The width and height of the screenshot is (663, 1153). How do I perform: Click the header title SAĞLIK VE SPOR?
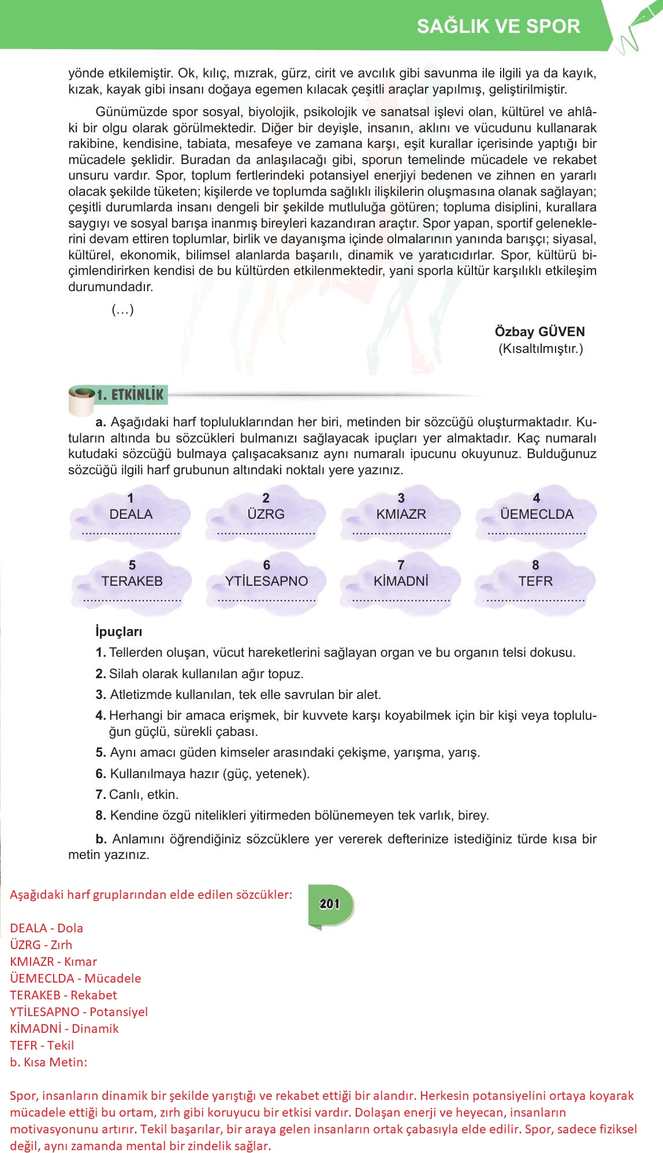click(x=498, y=27)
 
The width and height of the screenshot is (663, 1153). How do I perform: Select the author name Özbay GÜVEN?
click(x=539, y=332)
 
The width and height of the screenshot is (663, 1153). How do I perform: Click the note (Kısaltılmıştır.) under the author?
click(x=541, y=348)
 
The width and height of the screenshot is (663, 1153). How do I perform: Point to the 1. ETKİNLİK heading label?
click(x=131, y=395)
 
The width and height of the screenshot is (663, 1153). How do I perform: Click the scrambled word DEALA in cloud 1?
click(x=131, y=514)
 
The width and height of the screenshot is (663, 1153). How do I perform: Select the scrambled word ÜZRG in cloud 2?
click(x=266, y=514)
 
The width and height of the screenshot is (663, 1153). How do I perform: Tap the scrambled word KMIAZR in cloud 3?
click(x=401, y=514)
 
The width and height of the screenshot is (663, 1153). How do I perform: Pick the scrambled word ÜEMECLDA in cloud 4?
click(x=537, y=514)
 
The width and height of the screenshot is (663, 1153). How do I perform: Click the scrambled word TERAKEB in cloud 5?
click(x=132, y=581)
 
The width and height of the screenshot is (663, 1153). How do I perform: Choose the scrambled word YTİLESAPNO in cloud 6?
click(x=267, y=581)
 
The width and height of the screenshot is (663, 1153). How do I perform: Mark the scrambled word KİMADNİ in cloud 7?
click(x=401, y=581)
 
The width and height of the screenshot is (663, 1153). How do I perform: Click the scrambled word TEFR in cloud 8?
click(x=535, y=581)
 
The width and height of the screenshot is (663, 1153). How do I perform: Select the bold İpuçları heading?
click(x=118, y=632)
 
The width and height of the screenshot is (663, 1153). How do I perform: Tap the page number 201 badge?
click(x=329, y=904)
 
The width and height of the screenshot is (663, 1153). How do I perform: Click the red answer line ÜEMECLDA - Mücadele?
click(x=75, y=978)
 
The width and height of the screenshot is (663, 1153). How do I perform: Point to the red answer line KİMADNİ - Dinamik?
click(x=64, y=1028)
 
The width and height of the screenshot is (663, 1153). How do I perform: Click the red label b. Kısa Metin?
click(x=49, y=1062)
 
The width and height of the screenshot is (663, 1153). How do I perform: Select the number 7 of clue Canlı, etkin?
click(x=100, y=794)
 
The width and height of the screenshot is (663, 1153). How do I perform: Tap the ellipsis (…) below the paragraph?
click(x=122, y=310)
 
